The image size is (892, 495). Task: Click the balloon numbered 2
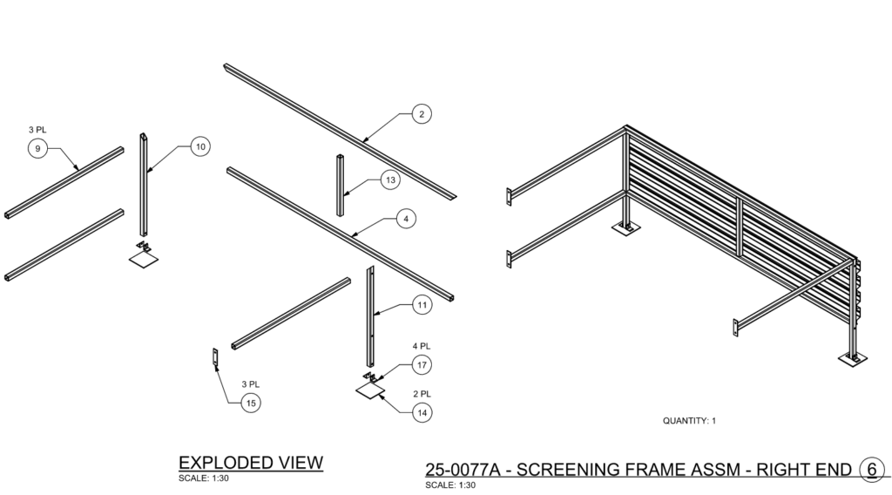pyautogui.click(x=422, y=114)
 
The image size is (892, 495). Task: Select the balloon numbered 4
pyautogui.click(x=406, y=219)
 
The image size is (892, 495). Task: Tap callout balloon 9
pyautogui.click(x=37, y=149)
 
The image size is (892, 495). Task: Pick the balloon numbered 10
pyautogui.click(x=200, y=146)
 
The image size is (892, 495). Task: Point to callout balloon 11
pyautogui.click(x=422, y=305)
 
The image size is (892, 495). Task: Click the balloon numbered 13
pyautogui.click(x=390, y=180)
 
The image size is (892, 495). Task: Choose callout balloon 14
pyautogui.click(x=422, y=412)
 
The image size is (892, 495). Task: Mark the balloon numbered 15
pyautogui.click(x=251, y=403)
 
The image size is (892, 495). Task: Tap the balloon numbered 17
pyautogui.click(x=422, y=364)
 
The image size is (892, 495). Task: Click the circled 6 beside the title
pyautogui.click(x=872, y=470)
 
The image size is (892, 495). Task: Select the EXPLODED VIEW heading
pyautogui.click(x=251, y=463)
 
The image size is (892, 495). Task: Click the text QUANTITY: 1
pyautogui.click(x=689, y=421)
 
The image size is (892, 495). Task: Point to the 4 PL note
pyautogui.click(x=422, y=346)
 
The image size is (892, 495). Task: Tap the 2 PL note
pyautogui.click(x=422, y=394)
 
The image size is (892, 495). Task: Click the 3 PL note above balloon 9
pyautogui.click(x=37, y=130)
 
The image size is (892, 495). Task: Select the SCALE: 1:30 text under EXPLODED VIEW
pyautogui.click(x=204, y=478)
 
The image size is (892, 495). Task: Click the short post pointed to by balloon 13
pyautogui.click(x=340, y=185)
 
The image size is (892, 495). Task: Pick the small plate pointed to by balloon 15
pyautogui.click(x=216, y=358)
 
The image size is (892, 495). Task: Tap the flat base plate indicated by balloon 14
pyautogui.click(x=370, y=390)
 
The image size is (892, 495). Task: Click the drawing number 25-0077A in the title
pyautogui.click(x=463, y=470)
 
